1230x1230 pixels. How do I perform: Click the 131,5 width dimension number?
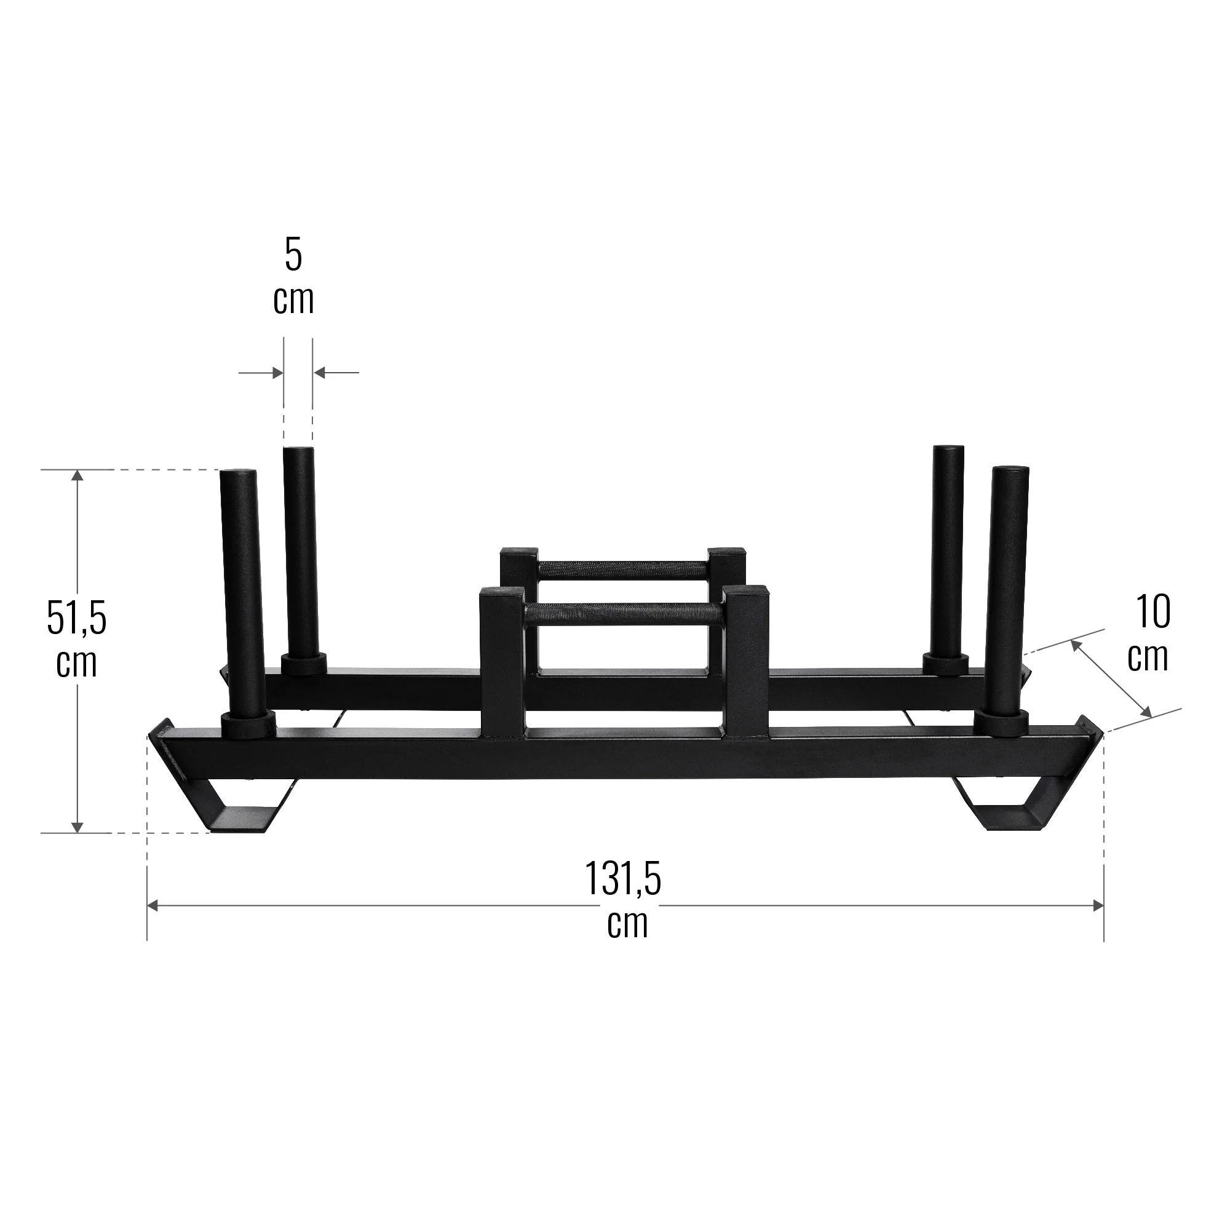click(x=622, y=879)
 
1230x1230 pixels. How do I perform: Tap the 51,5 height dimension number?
click(x=76, y=617)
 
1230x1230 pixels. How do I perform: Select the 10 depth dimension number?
click(x=1153, y=612)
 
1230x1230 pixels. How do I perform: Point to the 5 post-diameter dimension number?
click(x=293, y=255)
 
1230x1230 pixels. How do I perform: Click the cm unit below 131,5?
click(x=627, y=924)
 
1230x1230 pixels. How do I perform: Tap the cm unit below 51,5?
click(x=76, y=664)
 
